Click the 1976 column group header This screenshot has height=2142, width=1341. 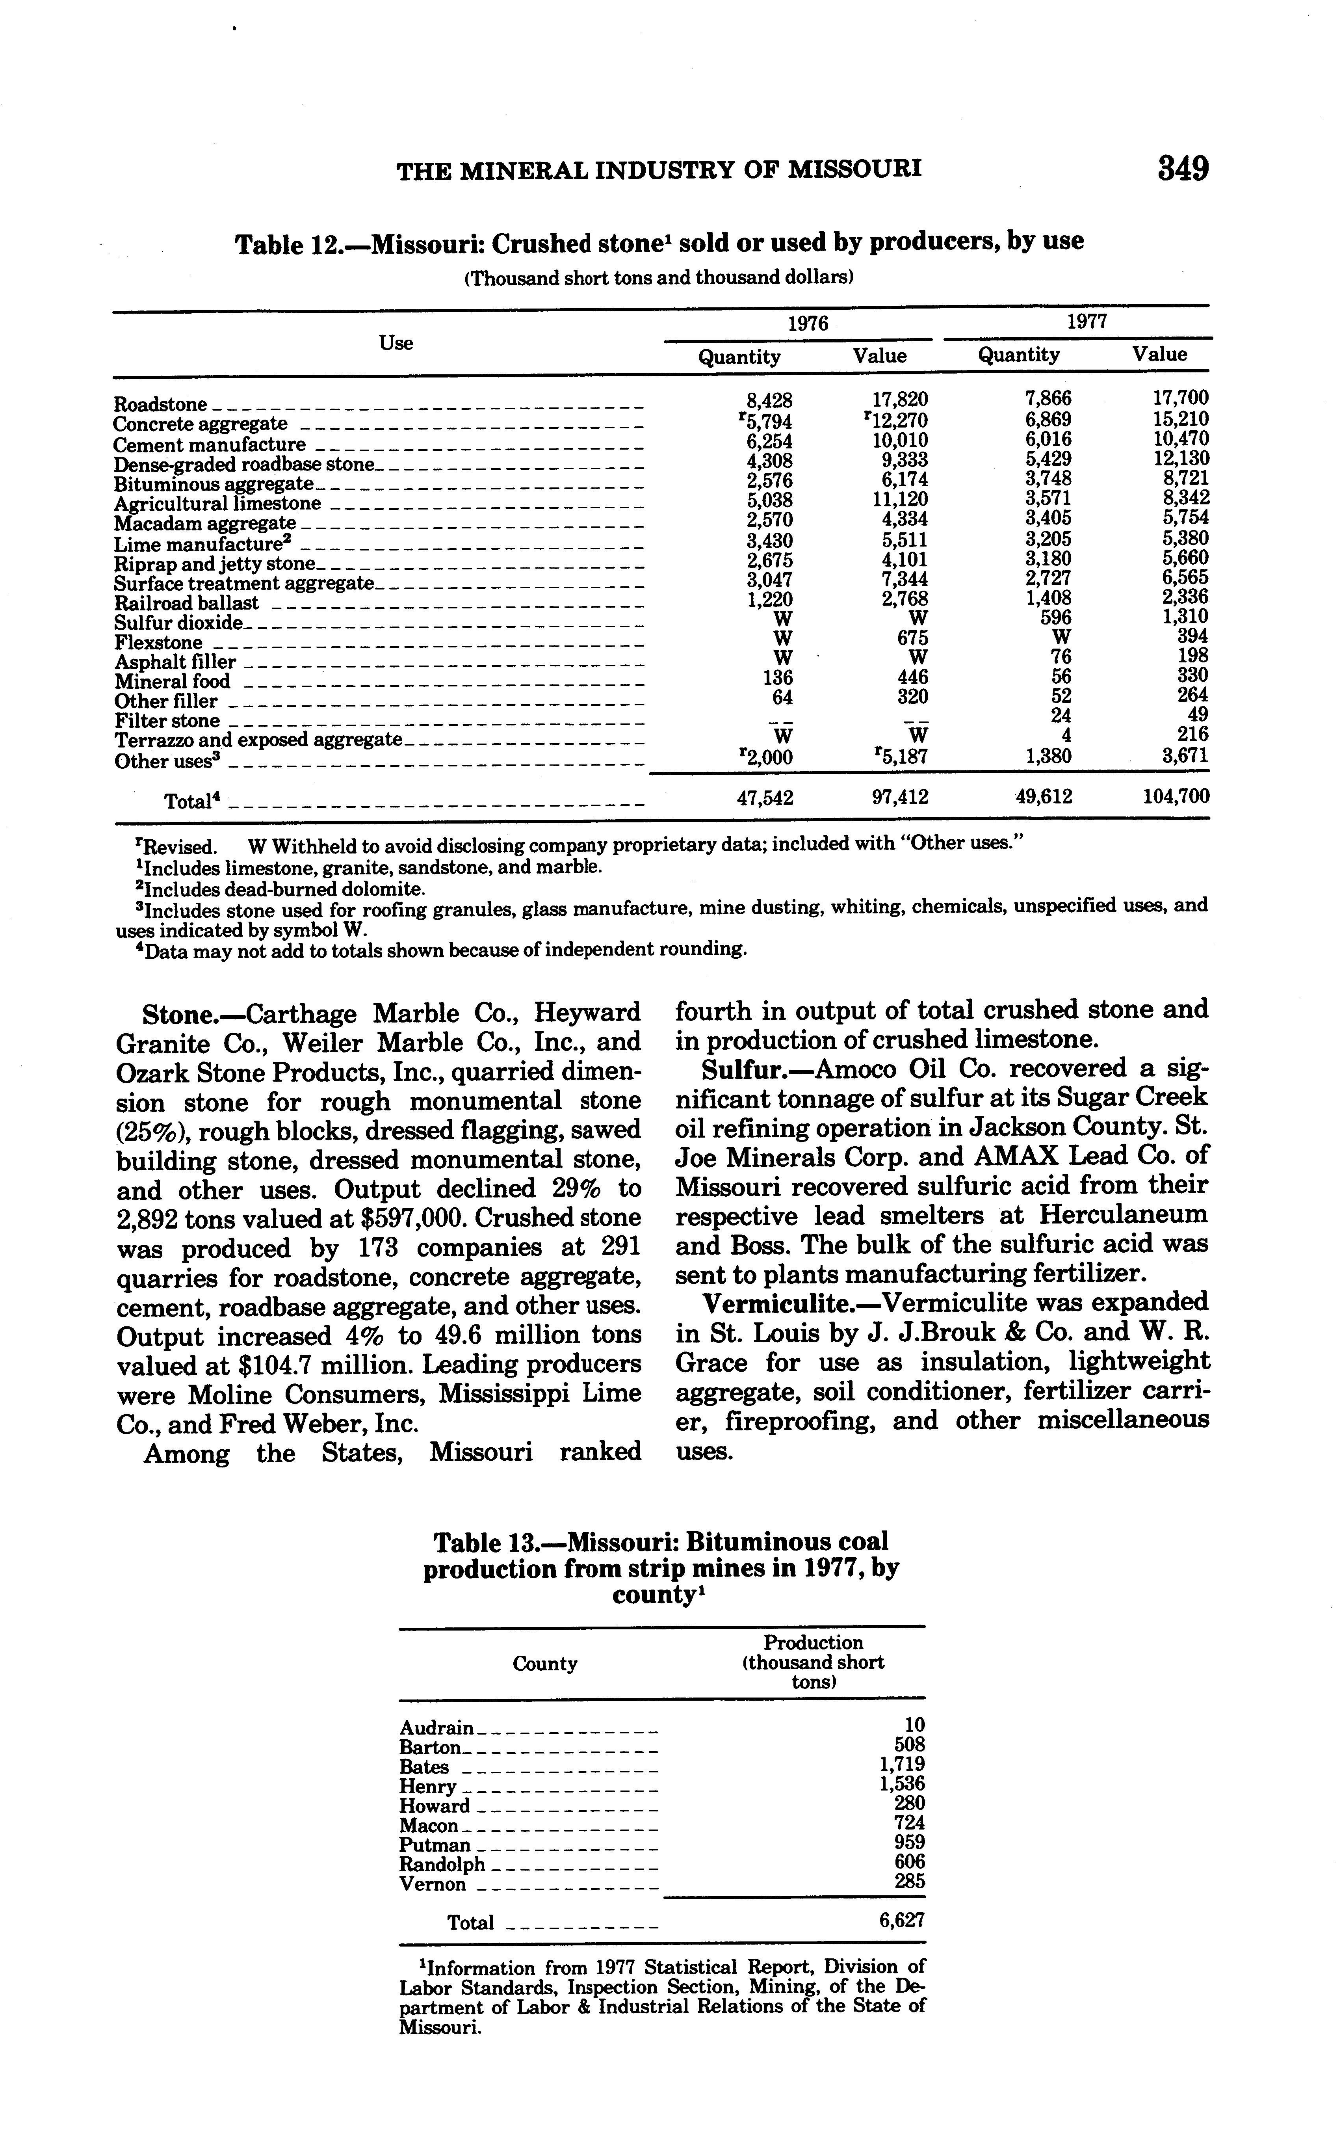(x=808, y=324)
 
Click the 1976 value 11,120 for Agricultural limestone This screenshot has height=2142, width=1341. (x=900, y=498)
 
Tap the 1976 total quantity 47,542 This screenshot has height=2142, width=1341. (x=765, y=798)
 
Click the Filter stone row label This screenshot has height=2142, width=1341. (x=167, y=720)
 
